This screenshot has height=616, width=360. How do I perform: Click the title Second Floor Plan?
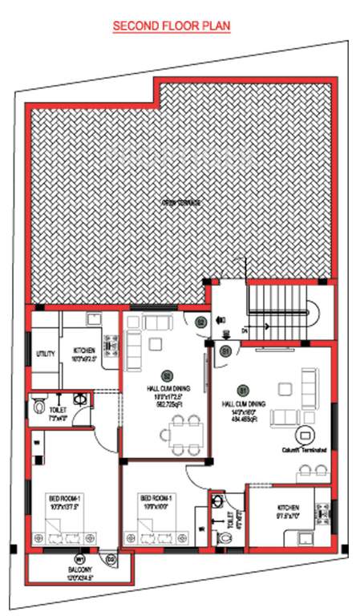pyautogui.click(x=172, y=26)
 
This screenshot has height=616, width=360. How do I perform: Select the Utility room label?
pyautogui.click(x=44, y=354)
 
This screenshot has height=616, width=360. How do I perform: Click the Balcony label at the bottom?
pyautogui.click(x=79, y=572)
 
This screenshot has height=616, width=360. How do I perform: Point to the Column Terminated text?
pyautogui.click(x=305, y=450)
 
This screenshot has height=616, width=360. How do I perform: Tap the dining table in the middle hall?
pyautogui.click(x=184, y=434)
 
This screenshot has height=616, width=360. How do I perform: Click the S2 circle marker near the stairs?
pyautogui.click(x=201, y=322)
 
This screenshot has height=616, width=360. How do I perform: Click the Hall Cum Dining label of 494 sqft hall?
pyautogui.click(x=269, y=404)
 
